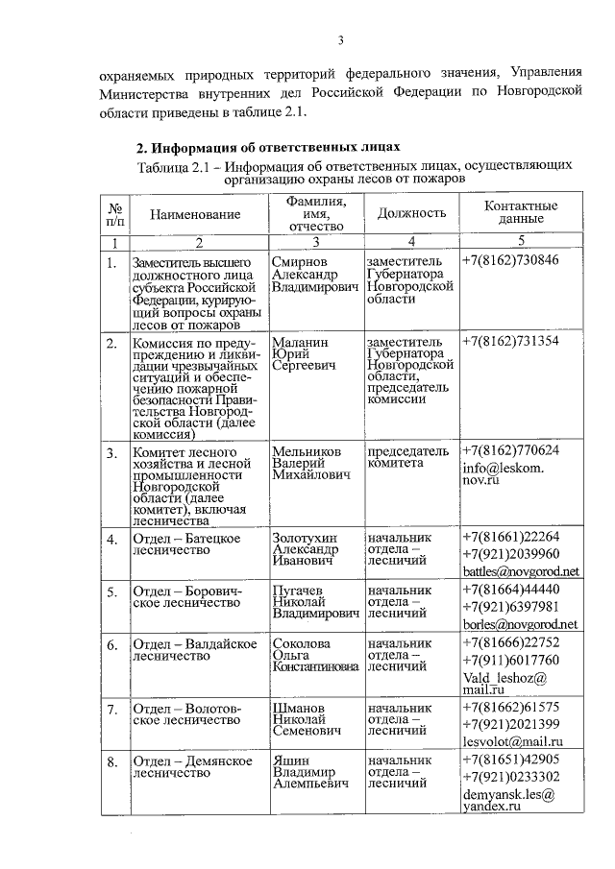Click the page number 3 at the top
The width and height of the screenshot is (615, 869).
[x=340, y=39]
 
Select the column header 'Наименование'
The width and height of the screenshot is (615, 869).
[x=195, y=216]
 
